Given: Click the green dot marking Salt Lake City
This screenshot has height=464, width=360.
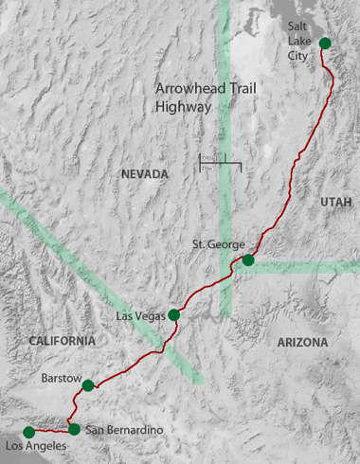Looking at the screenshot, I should pos(325,43).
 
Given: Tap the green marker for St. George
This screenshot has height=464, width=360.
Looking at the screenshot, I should pos(248,259).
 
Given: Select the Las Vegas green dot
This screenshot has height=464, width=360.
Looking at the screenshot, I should pos(173,314).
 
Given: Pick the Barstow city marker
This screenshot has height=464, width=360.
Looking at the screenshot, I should pos(88,385).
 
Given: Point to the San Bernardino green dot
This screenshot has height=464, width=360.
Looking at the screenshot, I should pos(75,429).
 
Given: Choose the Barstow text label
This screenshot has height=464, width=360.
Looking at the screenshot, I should pos(59,378).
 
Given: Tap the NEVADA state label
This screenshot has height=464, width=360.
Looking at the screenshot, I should pos(144,174).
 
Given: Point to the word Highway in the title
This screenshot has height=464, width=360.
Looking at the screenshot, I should pos(181,107).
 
